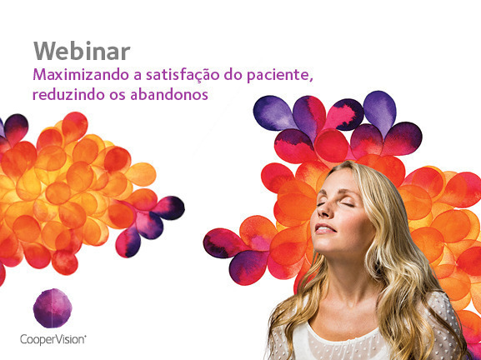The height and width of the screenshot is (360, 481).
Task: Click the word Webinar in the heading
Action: pos(82,51)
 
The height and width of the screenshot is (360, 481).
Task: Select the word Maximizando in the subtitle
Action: pos(81,75)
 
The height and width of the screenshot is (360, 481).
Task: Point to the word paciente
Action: pos(278,76)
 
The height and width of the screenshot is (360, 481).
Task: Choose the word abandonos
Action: pos(169,94)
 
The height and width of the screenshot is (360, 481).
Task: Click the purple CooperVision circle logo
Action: pos(53,308)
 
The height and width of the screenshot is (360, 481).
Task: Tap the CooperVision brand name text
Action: pos(53,340)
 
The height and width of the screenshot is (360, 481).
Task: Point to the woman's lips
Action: pos(324,229)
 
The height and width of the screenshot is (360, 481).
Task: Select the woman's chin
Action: pos(326,244)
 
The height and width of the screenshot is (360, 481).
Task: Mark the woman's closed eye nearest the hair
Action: pos(348,205)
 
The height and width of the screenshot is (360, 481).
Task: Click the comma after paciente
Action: pos(311,80)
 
